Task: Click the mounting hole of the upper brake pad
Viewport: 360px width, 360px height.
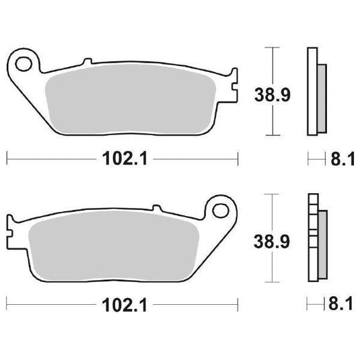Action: coord(25,65)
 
